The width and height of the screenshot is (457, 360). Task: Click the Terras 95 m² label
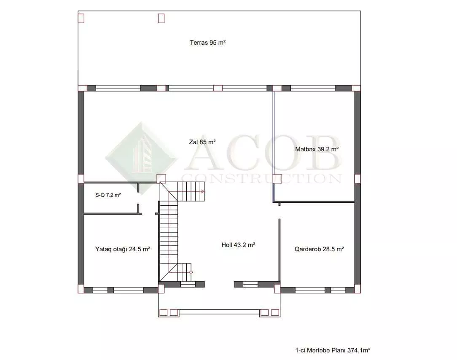tap(207, 43)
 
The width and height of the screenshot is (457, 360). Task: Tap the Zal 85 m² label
tap(202, 142)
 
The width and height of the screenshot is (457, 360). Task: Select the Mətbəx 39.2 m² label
tap(317, 149)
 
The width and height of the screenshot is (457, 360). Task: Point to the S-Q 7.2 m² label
tap(108, 195)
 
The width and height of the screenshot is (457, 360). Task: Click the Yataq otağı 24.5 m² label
tap(122, 249)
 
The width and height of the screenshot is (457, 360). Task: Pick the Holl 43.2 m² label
tap(238, 245)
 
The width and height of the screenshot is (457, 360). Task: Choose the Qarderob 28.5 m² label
tap(319, 249)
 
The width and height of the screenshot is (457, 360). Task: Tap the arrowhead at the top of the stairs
tap(202, 191)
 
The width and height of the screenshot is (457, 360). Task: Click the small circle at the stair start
tap(191, 273)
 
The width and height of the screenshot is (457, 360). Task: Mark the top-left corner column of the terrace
tap(81, 18)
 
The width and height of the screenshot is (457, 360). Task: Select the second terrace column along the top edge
tap(161, 18)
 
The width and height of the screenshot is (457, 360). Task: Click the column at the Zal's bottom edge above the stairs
tap(161, 179)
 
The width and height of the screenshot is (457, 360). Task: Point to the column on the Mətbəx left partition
tap(277, 178)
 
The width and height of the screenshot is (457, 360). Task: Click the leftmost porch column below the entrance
tap(164, 312)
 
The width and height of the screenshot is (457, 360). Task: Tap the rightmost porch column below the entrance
tap(275, 312)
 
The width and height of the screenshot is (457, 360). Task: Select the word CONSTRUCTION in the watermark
tap(262, 178)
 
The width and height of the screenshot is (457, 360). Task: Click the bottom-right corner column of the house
tap(358, 289)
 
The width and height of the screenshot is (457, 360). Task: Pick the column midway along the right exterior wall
tap(358, 178)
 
